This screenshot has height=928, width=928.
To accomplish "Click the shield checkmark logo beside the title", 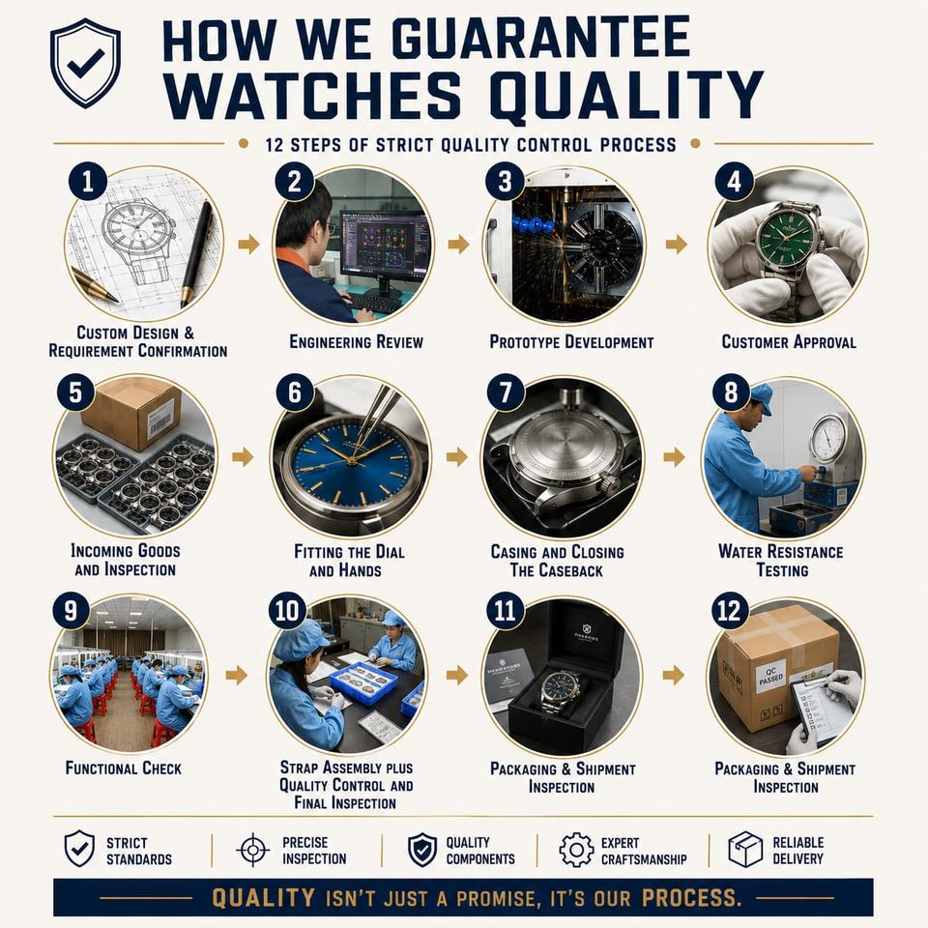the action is pos(86,63).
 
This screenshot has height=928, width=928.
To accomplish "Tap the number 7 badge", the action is pos(506,392).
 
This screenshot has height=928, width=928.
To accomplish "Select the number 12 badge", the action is pos(729,611).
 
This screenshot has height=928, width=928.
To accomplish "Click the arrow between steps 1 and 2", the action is pos(248,244).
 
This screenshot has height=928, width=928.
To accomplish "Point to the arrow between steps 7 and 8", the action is pos(674,457).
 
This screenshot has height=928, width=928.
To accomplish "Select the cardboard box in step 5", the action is pos(131,413).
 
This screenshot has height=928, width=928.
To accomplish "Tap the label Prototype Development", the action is pos(571,342).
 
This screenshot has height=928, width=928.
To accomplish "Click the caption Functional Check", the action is pos(124,768).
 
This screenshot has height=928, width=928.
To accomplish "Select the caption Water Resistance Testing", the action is pos(781,561).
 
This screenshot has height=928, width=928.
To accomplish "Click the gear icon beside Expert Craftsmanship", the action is pos(576,850).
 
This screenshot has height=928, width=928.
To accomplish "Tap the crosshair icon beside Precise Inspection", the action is pos(252,850).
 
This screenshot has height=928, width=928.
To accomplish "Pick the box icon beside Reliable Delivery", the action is pos(745,850).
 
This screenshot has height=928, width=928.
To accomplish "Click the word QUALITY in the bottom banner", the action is pos(263,898).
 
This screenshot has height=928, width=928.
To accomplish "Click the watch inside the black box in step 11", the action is pos(560,691).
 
